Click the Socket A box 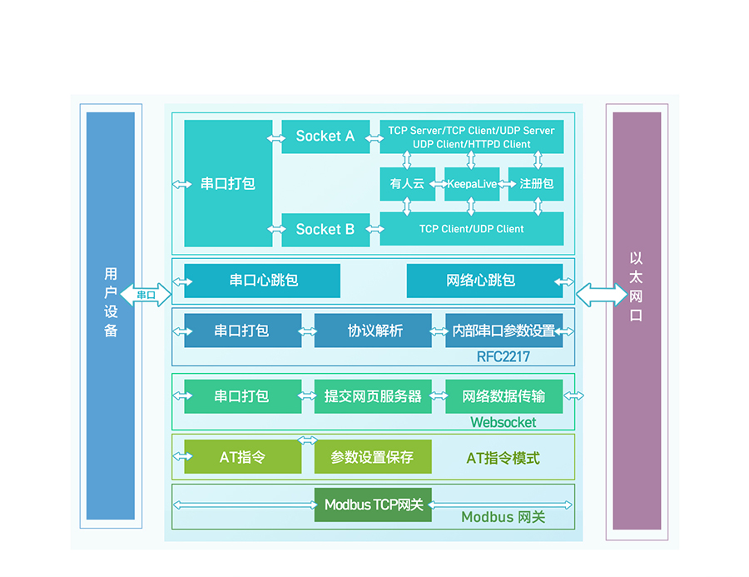point(325,136)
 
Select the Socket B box point(325,229)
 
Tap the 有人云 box point(407,184)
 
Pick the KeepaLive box point(472,184)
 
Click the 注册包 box point(536,184)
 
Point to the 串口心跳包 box point(263,281)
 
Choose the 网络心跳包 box point(484,281)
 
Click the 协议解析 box point(374,331)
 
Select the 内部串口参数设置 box point(503,331)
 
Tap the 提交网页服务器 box point(374,396)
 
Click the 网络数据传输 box point(503,396)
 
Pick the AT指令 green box point(242,456)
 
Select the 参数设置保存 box point(374,456)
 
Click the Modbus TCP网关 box point(374,505)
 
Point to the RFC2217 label point(503,356)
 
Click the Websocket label point(503,422)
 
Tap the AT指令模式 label point(503,458)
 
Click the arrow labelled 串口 point(146,294)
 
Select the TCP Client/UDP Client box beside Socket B point(472,229)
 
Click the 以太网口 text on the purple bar point(637,287)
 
